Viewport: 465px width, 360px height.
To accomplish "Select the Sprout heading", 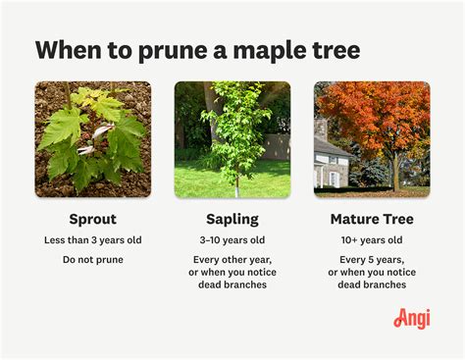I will (x=93, y=218).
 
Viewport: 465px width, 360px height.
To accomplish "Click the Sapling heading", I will (x=232, y=218).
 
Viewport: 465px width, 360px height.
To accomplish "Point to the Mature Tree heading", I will (x=372, y=218).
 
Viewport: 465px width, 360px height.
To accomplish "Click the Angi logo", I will (x=412, y=319).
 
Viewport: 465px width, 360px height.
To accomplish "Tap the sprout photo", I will (x=93, y=139).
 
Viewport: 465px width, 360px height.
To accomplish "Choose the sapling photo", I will (x=232, y=139).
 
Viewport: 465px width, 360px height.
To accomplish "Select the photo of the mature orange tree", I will (x=372, y=139).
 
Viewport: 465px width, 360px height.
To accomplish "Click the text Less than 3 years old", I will (x=93, y=241).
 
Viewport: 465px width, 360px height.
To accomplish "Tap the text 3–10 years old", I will (x=232, y=241).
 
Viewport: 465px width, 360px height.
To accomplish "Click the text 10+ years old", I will (x=372, y=241).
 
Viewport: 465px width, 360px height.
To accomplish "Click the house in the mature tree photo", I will (x=334, y=162).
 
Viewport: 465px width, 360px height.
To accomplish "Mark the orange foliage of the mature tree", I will (x=378, y=113).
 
